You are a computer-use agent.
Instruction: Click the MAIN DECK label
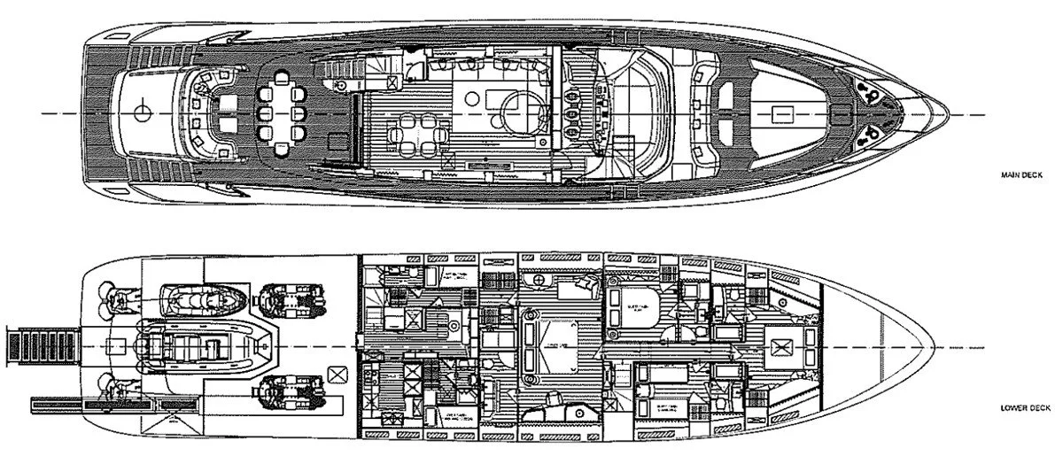(x=1023, y=176)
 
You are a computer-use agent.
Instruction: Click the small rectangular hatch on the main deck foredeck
(x=780, y=112)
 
